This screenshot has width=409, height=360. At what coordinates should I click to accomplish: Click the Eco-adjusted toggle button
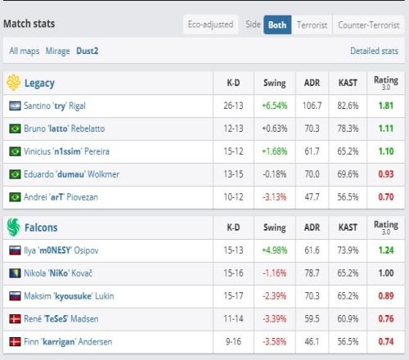(211, 25)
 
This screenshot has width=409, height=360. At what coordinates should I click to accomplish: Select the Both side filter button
(277, 25)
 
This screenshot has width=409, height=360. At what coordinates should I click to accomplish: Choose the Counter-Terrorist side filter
(369, 25)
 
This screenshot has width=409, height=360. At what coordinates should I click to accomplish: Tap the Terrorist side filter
(312, 25)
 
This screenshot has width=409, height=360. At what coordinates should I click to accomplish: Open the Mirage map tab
(57, 51)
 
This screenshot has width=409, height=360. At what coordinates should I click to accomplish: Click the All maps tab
(25, 51)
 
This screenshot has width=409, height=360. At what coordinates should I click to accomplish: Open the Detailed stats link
(374, 51)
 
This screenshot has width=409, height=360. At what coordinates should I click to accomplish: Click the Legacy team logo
(13, 83)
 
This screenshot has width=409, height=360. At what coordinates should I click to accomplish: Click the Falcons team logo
(13, 227)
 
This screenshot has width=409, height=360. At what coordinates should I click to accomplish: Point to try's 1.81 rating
(386, 106)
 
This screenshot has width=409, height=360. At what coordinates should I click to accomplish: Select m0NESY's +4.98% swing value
(275, 250)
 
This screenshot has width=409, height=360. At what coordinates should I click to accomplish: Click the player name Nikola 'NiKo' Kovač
(58, 273)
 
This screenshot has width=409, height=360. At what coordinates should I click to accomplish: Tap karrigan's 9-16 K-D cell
(233, 341)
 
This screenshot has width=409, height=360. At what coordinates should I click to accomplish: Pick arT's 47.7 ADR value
(312, 197)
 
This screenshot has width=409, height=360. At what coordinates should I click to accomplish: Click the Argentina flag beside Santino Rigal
(15, 106)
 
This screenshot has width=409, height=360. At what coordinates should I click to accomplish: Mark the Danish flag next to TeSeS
(15, 319)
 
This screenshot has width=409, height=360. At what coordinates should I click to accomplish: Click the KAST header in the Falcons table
(348, 227)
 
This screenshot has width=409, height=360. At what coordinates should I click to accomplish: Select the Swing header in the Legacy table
(275, 83)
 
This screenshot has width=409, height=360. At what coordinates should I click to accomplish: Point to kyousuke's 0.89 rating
(386, 296)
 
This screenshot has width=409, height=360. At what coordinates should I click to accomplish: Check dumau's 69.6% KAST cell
(348, 174)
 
